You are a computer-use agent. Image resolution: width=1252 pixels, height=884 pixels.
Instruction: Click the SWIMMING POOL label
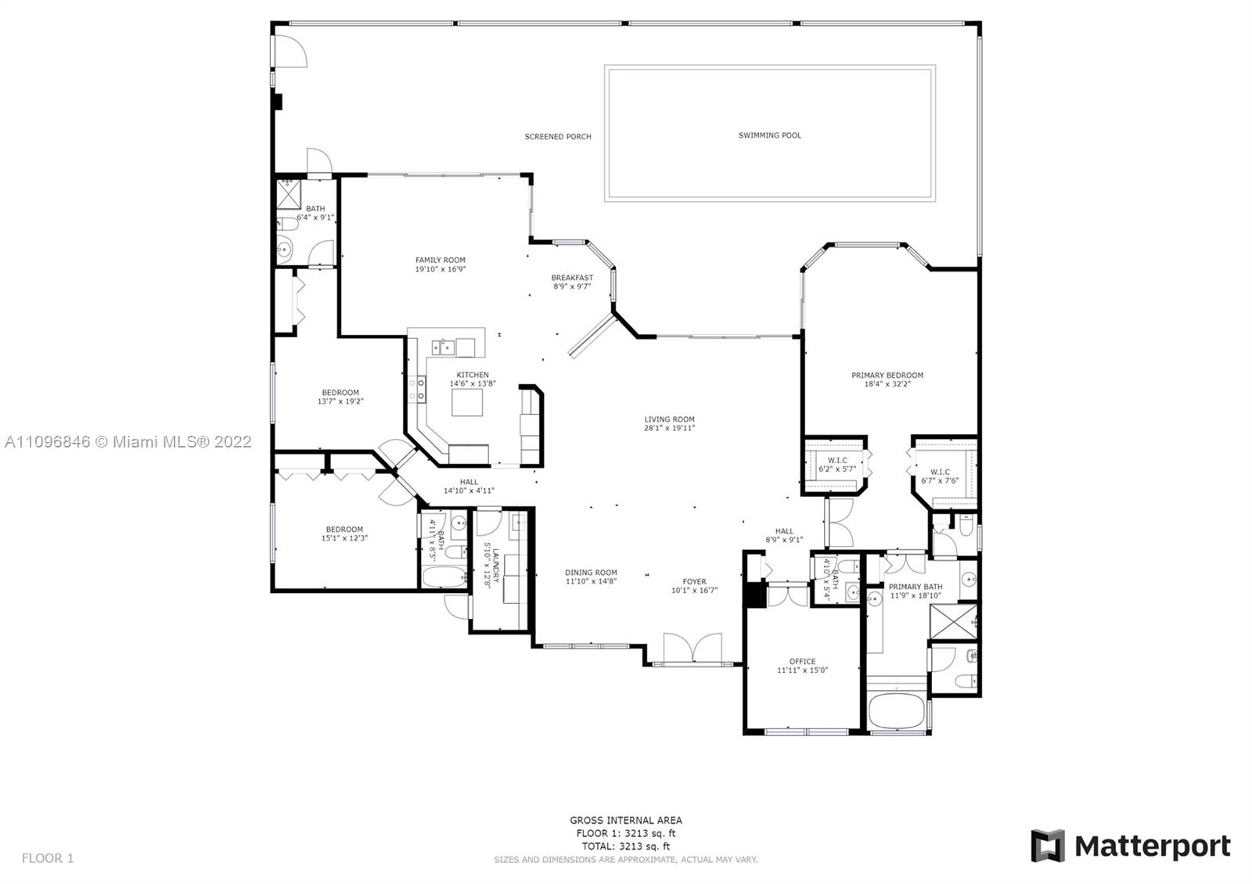point(770,135)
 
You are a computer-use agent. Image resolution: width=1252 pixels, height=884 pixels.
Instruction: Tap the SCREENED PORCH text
point(558,136)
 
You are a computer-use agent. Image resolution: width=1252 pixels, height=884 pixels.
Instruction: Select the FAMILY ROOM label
point(441,260)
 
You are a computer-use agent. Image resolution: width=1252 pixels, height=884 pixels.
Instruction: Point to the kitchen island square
point(467,402)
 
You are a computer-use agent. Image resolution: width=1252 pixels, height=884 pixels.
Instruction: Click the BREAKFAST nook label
point(572,277)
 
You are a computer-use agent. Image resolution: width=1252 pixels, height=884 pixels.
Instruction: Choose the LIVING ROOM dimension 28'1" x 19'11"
point(670,428)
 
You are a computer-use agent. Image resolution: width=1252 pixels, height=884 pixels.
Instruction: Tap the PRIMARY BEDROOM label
point(887,375)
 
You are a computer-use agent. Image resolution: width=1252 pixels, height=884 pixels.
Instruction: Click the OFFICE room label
point(803,661)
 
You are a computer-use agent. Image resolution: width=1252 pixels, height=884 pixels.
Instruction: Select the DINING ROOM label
point(591,572)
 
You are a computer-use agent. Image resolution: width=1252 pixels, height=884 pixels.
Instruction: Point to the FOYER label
point(695,581)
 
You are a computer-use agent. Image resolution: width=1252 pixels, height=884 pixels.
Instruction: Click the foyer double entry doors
point(693,649)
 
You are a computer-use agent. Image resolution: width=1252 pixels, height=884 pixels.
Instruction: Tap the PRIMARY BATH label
point(916,586)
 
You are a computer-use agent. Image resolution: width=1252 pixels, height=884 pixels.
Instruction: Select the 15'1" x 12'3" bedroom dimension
point(344,538)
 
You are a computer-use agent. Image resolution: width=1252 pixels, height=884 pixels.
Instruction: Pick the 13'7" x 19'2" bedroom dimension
point(340,401)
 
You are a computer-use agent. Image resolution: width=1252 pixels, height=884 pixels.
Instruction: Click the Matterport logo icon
point(1048,846)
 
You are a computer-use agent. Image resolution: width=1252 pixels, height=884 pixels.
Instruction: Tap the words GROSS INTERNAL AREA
point(626,821)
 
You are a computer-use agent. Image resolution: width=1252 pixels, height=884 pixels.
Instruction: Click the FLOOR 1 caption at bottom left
point(48,857)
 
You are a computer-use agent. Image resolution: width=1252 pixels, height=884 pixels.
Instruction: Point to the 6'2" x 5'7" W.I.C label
point(837,469)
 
